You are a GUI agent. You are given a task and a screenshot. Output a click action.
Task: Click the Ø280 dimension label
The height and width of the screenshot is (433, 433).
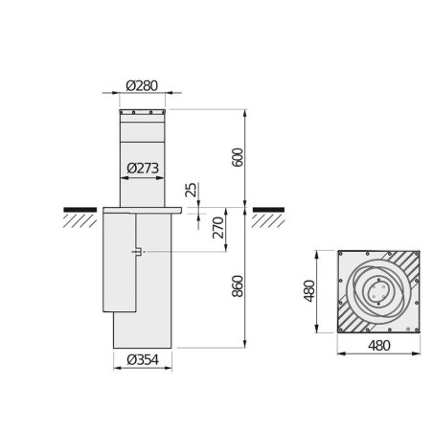(142, 85)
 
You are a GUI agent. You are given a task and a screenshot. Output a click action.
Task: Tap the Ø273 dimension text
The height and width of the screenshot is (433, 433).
(143, 168)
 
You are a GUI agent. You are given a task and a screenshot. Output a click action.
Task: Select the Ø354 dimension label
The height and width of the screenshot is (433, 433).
(143, 360)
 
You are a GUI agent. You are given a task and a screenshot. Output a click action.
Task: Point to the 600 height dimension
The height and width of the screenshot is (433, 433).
(238, 157)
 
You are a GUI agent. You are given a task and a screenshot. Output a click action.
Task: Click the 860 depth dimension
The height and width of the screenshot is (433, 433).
(238, 286)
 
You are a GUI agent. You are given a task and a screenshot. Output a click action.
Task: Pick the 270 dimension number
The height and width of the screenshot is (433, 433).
(218, 228)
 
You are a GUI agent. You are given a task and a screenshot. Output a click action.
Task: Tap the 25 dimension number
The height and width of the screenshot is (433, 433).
(191, 190)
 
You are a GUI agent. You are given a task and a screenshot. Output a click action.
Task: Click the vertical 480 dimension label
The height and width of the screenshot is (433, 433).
(309, 291)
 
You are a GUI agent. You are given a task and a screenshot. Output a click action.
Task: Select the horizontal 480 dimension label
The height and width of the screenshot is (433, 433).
(379, 346)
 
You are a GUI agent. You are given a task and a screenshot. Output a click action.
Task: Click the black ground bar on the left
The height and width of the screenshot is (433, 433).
(80, 210)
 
